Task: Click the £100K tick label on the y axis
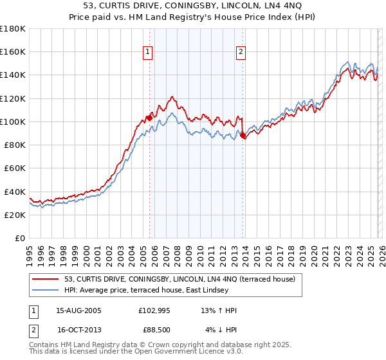(13, 122)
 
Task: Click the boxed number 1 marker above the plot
(149, 52)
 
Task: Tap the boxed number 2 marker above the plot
(241, 52)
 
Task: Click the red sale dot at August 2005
(149, 118)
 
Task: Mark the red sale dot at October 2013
(243, 135)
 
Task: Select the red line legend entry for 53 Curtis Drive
(179, 279)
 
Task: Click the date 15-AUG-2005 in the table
(78, 310)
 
